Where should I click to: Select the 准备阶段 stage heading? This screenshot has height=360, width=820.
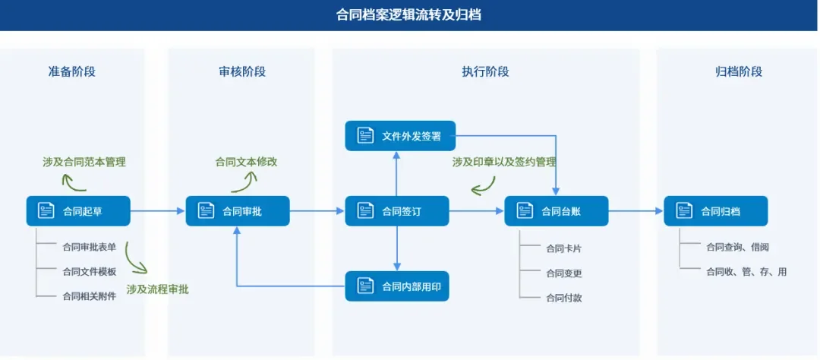point(72,71)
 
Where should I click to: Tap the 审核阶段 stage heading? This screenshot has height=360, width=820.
point(241,71)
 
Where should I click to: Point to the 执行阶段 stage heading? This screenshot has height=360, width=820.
point(485,71)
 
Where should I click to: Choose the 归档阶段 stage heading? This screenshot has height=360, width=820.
point(738,71)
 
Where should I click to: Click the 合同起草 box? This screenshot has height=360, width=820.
point(78,211)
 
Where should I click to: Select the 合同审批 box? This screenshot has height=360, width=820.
point(238,211)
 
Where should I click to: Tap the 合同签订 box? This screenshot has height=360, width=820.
point(397,211)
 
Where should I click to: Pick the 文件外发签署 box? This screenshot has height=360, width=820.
point(400,136)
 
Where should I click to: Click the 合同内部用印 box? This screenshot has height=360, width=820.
point(397,286)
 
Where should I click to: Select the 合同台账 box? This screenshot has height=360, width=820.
point(557,211)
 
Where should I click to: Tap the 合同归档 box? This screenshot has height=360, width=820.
point(715,211)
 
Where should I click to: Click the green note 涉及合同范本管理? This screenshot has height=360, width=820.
point(84,162)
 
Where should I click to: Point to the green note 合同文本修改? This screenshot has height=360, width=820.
point(246,162)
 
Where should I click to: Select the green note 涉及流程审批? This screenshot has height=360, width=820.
point(158,289)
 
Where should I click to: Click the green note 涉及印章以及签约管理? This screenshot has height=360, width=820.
point(504,162)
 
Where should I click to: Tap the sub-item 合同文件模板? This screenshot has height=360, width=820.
point(90,271)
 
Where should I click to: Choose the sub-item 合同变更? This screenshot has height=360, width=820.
point(563,273)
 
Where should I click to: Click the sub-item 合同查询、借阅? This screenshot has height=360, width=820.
point(737,247)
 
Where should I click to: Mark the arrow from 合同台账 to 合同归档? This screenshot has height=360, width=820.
point(636,211)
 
